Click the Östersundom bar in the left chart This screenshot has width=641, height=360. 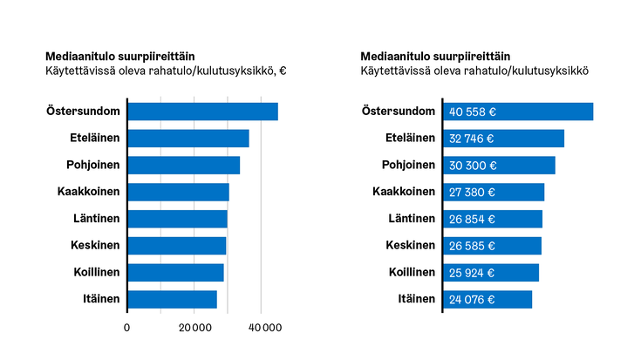coord(202,112)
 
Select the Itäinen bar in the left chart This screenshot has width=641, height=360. coord(172,299)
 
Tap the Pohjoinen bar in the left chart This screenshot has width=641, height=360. coord(183,166)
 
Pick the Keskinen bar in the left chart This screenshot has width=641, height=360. coord(177,246)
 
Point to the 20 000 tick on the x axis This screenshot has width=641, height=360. coord(193,328)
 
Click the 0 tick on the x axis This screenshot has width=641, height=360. coord(127,328)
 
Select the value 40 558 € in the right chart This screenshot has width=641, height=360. coord(473,112)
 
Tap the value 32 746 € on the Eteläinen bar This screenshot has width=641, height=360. coord(472,139)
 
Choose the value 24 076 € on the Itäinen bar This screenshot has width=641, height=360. coord(472,300)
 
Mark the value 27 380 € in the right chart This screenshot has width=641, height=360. coord(472,193)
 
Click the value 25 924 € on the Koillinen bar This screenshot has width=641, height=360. coord(472,273)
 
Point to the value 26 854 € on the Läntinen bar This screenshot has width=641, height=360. coord(472,220)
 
